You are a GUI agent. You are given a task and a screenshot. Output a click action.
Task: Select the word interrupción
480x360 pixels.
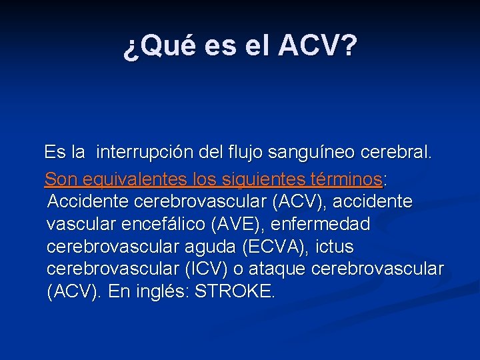[145, 153]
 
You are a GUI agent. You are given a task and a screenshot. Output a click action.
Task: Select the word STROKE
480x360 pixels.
[234, 293]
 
